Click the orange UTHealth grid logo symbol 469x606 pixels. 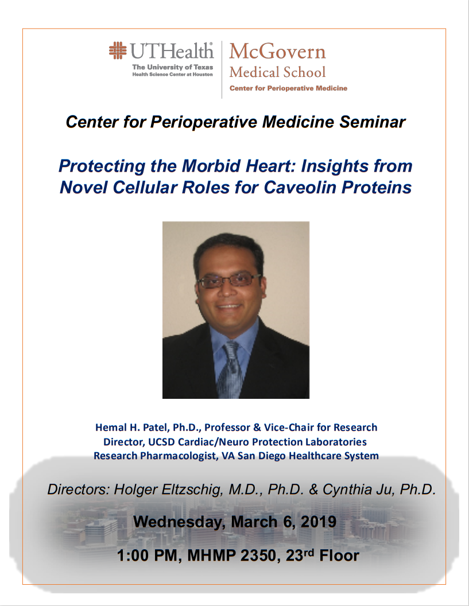(118, 50)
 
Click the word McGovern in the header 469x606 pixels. (277, 52)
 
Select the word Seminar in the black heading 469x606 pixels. (373, 122)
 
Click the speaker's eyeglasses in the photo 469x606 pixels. (229, 280)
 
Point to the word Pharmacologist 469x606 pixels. (179, 456)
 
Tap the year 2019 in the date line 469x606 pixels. (319, 522)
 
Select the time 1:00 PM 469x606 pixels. (149, 555)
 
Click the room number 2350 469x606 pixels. (258, 555)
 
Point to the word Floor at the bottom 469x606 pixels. (339, 555)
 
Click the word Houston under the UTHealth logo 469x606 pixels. (203, 74)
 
